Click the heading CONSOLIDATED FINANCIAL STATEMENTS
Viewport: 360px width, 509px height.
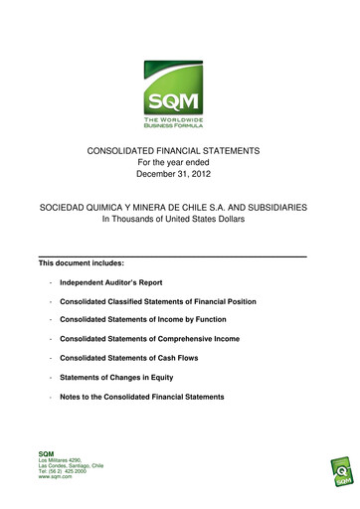pyautogui.click(x=180, y=149)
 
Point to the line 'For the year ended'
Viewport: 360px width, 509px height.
pyautogui.click(x=180, y=163)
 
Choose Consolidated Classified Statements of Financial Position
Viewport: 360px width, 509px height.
pyautogui.click(x=157, y=301)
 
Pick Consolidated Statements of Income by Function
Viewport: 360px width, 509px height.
pyautogui.click(x=142, y=319)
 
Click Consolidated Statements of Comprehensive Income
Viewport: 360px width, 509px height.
pyautogui.click(x=149, y=339)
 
